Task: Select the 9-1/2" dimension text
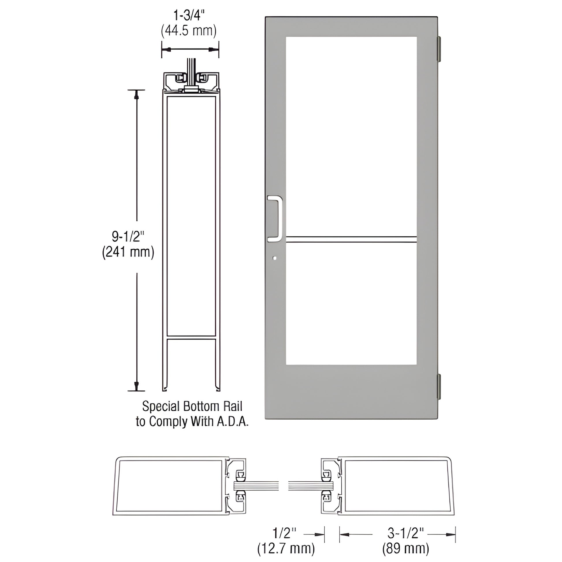tap(128, 237)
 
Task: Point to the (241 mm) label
tap(128, 252)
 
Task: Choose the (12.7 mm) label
tap(286, 549)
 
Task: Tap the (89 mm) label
tap(405, 549)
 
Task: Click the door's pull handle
tap(275, 219)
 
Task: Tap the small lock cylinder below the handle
tap(275, 258)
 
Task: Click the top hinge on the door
tap(439, 49)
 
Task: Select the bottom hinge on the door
tap(439, 386)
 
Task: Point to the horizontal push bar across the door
tap(351, 239)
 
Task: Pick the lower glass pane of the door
tap(351, 304)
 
